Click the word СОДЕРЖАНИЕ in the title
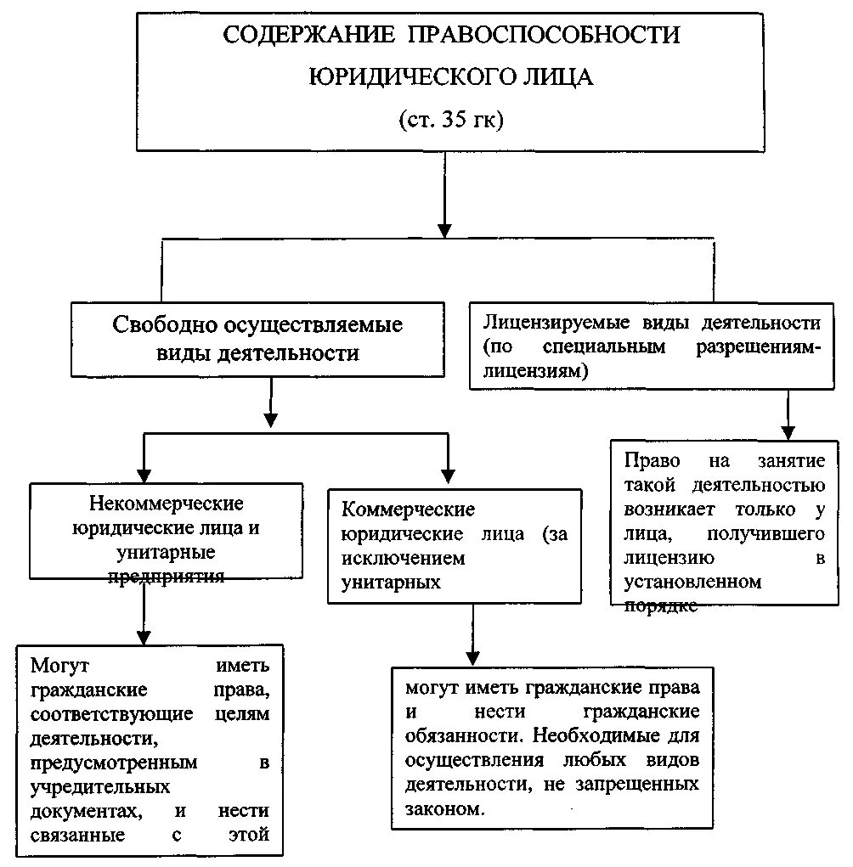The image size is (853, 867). click(308, 36)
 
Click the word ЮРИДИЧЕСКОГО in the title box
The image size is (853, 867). click(402, 76)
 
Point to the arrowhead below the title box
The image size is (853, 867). click(444, 230)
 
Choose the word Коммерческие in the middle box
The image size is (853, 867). click(408, 510)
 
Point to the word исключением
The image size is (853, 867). click(404, 559)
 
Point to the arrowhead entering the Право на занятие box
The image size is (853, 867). click(789, 431)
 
